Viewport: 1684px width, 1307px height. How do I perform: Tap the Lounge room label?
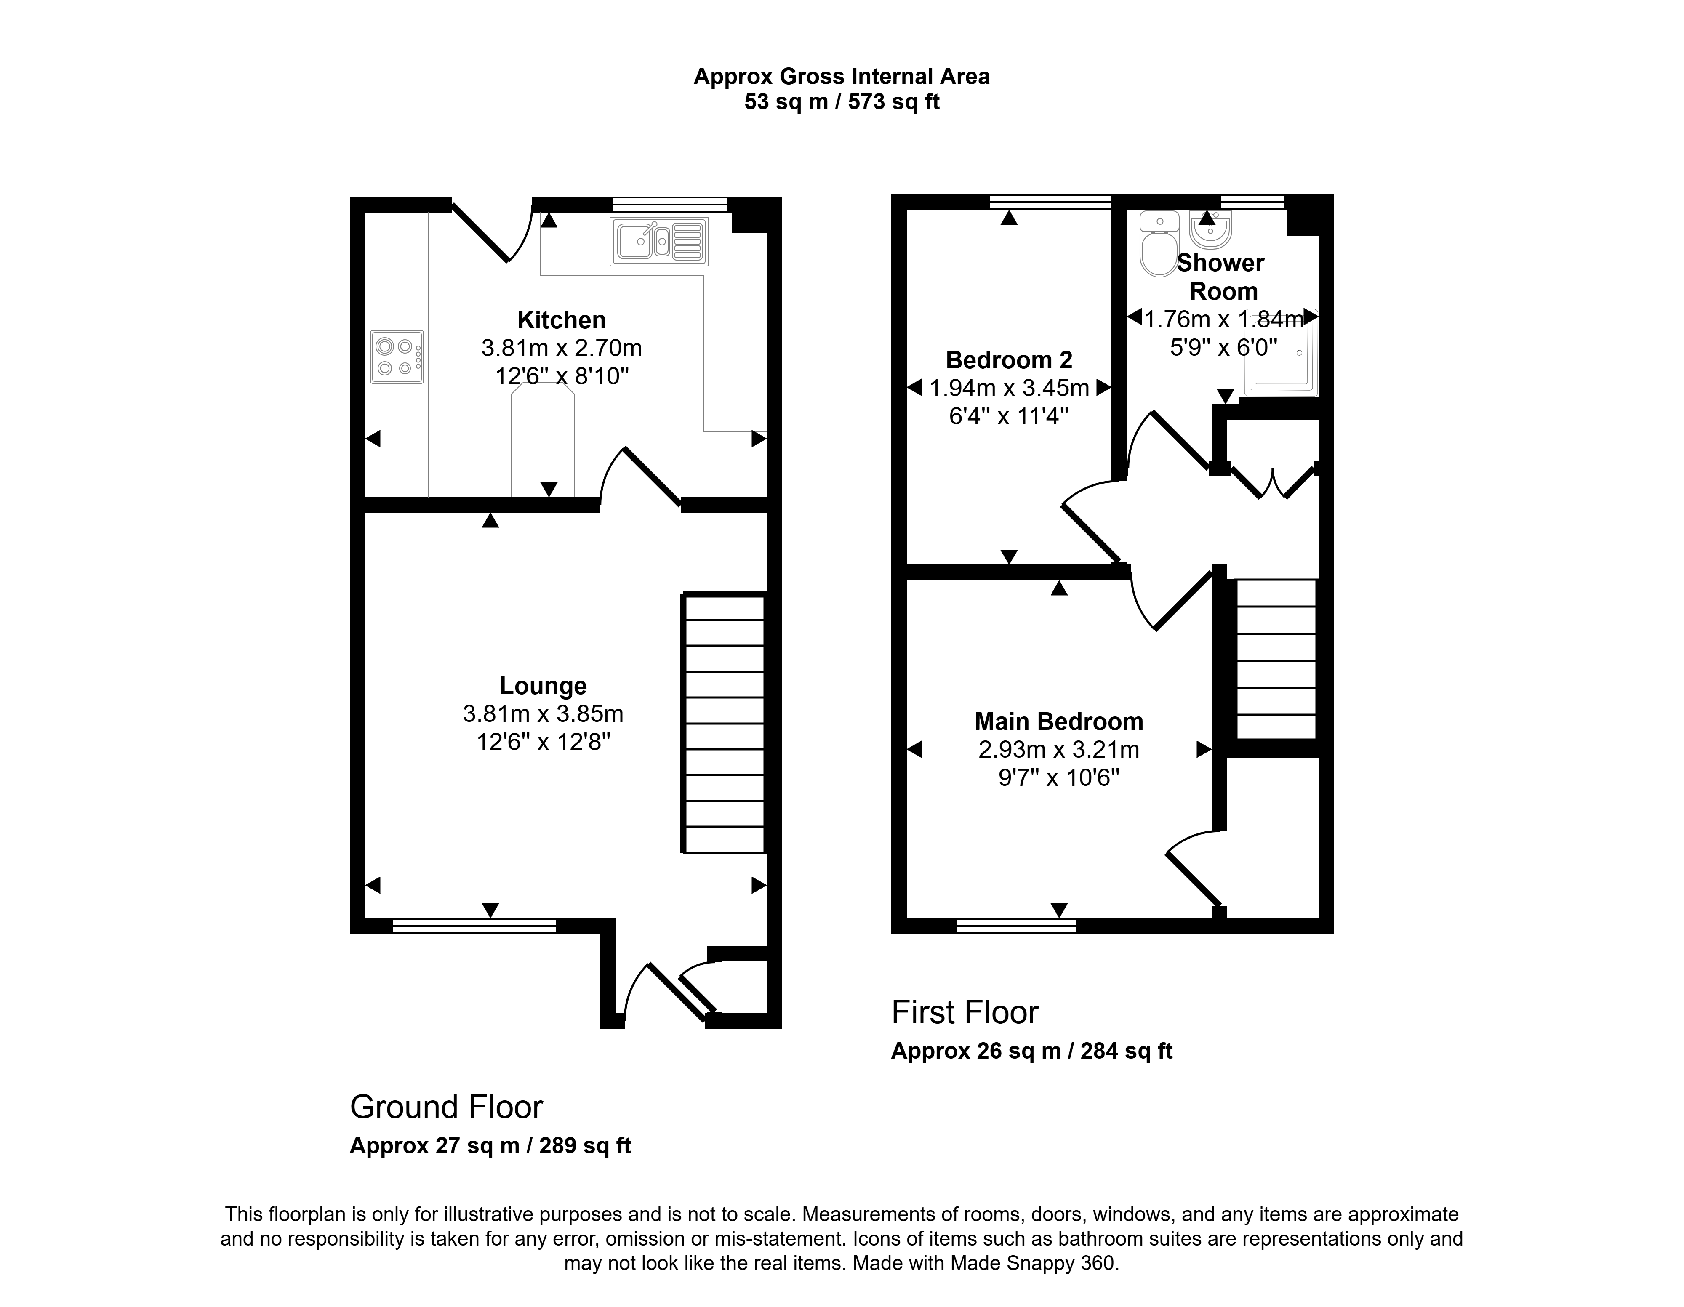pyautogui.click(x=543, y=686)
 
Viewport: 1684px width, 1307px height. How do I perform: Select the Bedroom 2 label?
pyautogui.click(x=1009, y=360)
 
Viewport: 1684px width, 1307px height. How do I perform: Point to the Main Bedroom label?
pyautogui.click(x=1059, y=722)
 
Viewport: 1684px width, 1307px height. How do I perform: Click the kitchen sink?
pyautogui.click(x=659, y=241)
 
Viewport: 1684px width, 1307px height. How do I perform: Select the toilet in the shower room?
pyautogui.click(x=1159, y=244)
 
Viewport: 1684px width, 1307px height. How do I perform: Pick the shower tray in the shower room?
pyautogui.click(x=1282, y=352)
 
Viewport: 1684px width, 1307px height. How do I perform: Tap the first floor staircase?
pyautogui.click(x=1276, y=659)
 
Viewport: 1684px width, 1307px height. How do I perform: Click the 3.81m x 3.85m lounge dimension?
pyautogui.click(x=543, y=714)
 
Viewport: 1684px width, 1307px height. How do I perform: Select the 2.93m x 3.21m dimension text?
pyautogui.click(x=1059, y=750)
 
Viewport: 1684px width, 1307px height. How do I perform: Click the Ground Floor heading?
pyautogui.click(x=446, y=1107)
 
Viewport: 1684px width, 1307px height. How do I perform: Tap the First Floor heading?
pyautogui.click(x=965, y=1012)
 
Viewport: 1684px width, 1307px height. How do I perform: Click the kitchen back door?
pyautogui.click(x=492, y=232)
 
